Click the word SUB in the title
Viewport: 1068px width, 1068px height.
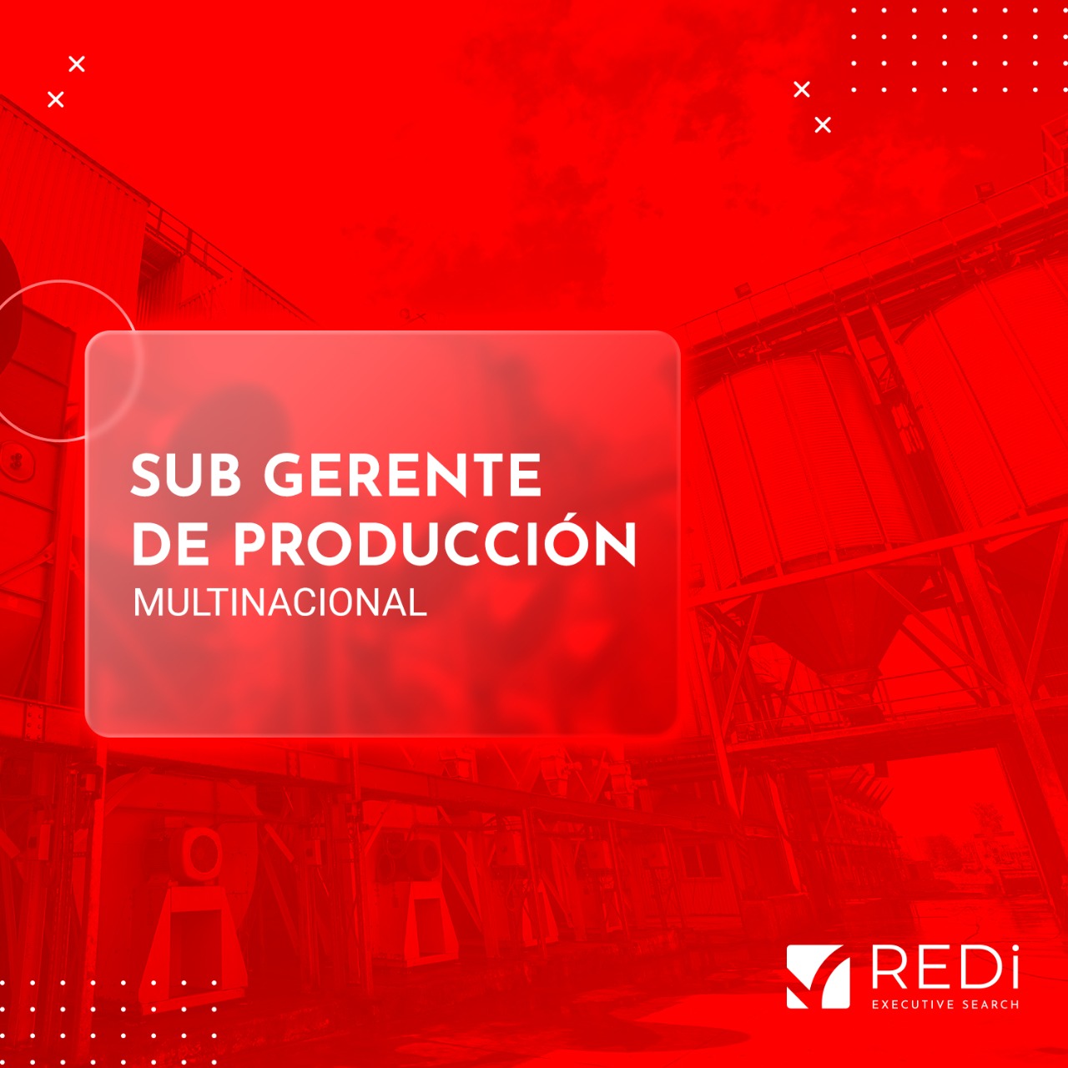click(185, 476)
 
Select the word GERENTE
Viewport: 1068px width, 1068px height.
click(403, 476)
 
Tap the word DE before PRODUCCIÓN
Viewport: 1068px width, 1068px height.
click(169, 545)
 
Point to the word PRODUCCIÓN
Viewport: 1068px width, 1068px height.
click(434, 545)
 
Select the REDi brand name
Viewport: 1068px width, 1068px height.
click(945, 968)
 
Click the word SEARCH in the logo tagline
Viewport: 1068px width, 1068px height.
click(990, 1005)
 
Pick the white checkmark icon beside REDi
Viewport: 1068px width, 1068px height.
click(818, 976)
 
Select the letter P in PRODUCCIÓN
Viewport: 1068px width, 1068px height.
click(252, 545)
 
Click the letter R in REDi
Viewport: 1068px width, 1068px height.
click(889, 968)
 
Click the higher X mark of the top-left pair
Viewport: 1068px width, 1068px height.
click(77, 64)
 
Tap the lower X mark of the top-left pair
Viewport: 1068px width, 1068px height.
click(56, 100)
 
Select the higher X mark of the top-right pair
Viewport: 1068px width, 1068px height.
click(802, 89)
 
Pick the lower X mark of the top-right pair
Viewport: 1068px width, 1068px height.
click(823, 125)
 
